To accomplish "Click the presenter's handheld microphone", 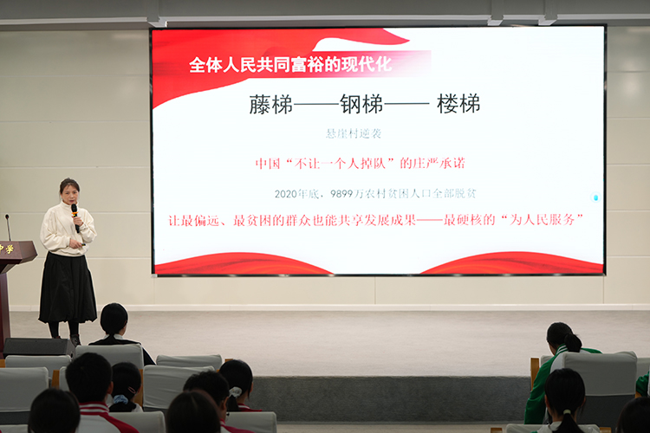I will [74, 210].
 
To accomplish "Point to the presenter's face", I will [68, 190].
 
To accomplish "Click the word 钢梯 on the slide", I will [361, 104].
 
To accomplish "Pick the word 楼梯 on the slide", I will [458, 104].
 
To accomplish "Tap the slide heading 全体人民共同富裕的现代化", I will [290, 65].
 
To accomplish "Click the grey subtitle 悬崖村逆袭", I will [353, 133].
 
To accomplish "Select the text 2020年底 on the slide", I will [295, 193].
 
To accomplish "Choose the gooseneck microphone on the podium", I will [8, 227].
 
